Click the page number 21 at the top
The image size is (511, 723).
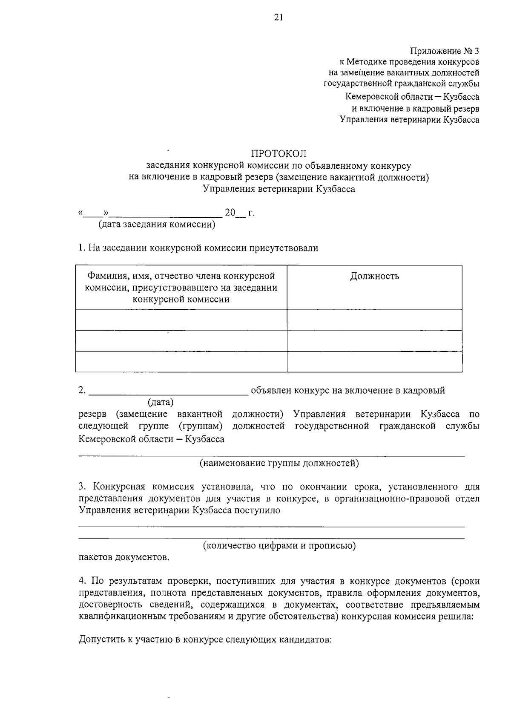point(278,17)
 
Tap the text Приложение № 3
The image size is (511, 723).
point(445,52)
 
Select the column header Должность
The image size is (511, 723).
point(374,276)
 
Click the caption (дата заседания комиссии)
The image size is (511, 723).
point(157,224)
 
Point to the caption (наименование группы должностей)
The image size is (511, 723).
point(279,463)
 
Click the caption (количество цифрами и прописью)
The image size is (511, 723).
point(279,545)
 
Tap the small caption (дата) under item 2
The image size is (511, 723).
point(161,402)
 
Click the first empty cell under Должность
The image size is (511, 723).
point(374,320)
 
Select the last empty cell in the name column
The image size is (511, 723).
point(181,362)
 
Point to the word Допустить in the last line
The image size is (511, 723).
point(100,640)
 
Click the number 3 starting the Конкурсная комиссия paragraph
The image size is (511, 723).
point(81,487)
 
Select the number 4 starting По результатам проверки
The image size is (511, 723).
point(81,581)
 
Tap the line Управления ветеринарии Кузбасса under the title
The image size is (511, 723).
point(278,189)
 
